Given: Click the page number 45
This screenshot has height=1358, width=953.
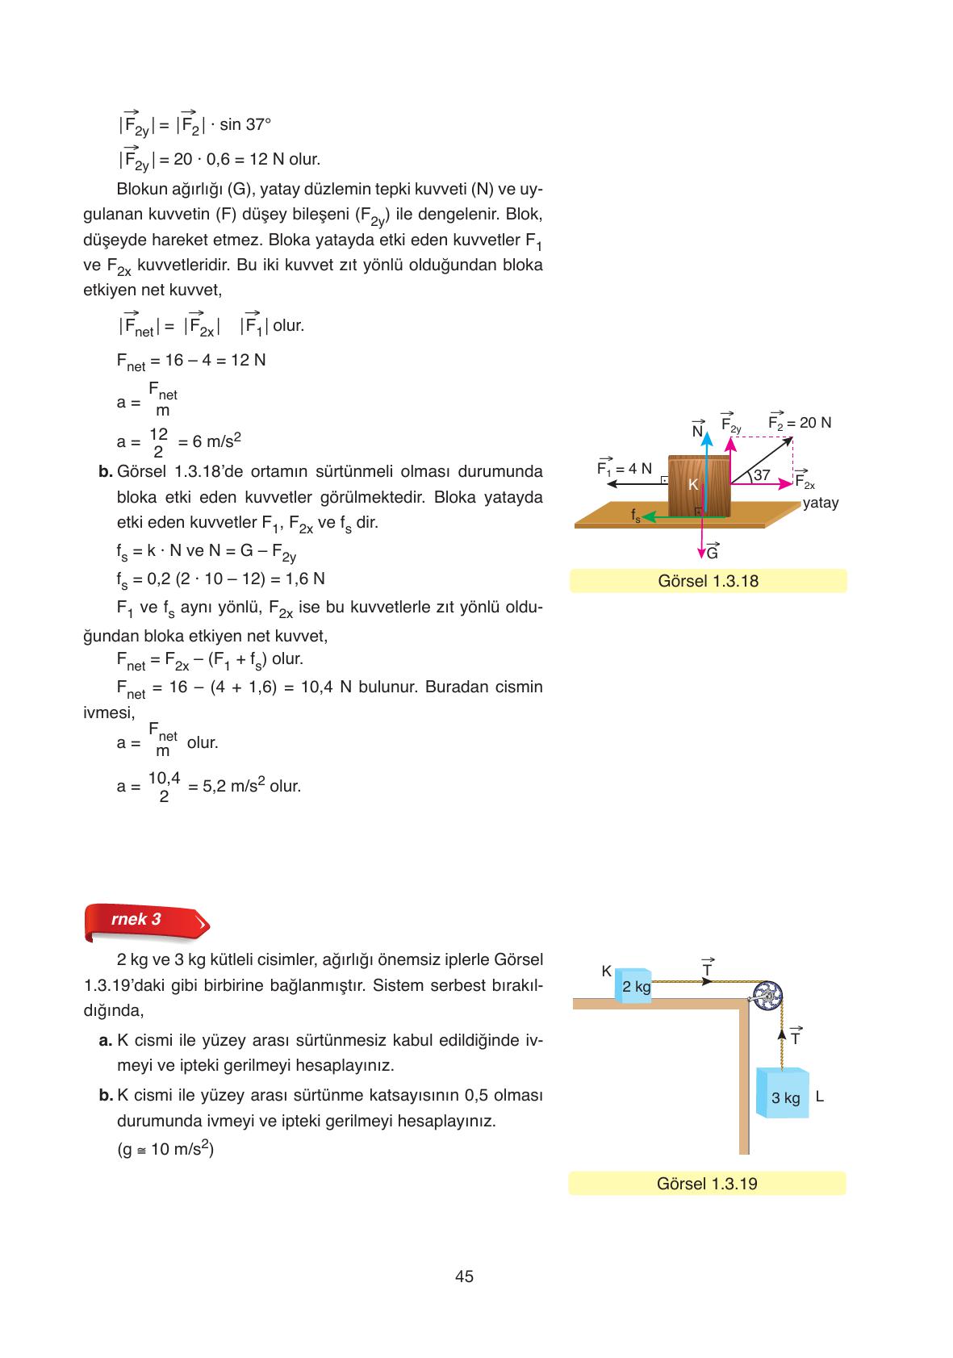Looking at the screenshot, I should [464, 1276].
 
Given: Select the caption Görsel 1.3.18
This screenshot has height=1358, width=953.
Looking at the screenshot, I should [708, 581].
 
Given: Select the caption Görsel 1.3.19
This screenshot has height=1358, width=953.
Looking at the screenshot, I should [707, 1184].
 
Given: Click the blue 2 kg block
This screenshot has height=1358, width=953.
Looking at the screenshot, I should [634, 985].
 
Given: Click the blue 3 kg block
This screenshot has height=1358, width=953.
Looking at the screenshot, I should [784, 1095].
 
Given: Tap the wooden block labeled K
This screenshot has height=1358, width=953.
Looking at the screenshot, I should [698, 486].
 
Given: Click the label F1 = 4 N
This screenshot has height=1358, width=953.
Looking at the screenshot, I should [624, 468].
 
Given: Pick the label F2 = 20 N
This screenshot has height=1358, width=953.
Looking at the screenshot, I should [800, 423].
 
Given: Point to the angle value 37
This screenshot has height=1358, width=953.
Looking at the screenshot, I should [762, 475].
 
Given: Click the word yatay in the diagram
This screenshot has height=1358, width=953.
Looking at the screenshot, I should [821, 503].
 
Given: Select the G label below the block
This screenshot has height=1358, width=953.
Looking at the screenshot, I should [712, 554].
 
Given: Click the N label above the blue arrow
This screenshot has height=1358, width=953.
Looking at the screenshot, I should [698, 431].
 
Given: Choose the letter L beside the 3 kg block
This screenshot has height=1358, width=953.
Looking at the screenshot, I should [819, 1097].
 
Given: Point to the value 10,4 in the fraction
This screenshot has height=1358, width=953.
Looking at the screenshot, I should [164, 778].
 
